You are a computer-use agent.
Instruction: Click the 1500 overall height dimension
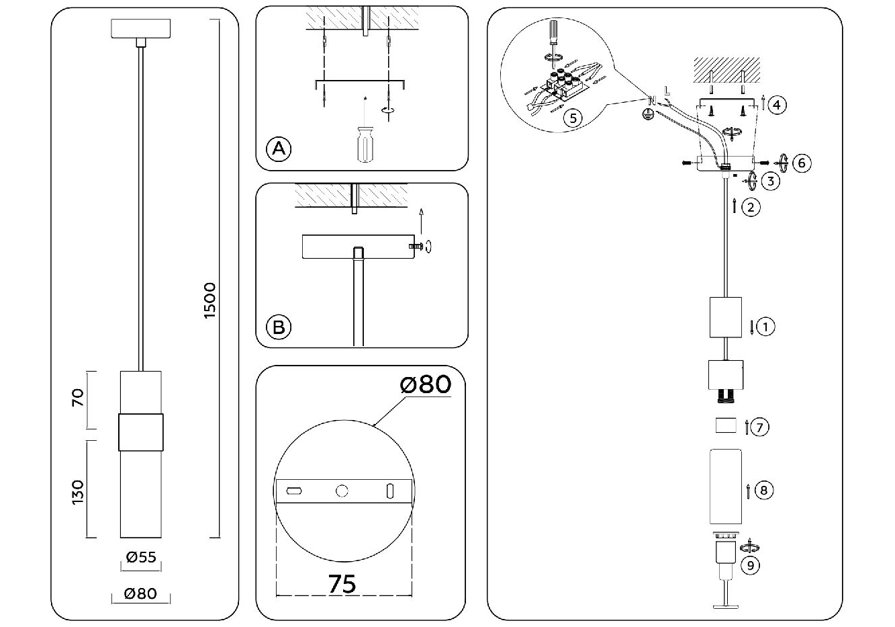[209, 300]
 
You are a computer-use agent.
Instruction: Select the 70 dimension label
[79, 397]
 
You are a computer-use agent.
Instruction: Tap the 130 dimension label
[79, 492]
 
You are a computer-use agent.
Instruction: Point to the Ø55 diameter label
[141, 557]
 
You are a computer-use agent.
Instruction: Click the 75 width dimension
[342, 584]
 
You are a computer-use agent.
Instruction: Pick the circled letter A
[279, 149]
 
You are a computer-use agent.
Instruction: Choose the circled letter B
[279, 327]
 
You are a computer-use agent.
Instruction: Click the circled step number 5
[573, 118]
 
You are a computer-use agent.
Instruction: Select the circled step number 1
[765, 327]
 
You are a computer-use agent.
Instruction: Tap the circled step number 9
[750, 565]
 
